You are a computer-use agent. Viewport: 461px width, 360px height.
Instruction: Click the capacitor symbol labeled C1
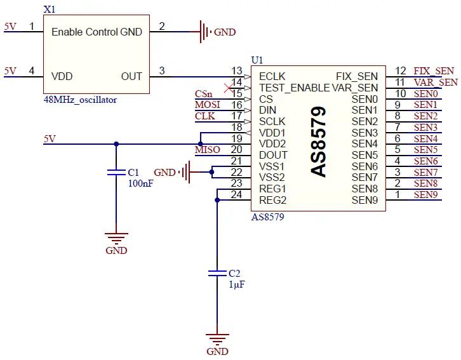click(x=116, y=172)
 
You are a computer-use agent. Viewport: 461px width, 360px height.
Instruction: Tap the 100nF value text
click(x=140, y=183)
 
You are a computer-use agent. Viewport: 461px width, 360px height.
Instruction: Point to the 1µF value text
click(x=236, y=284)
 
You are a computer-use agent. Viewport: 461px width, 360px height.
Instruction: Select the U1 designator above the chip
click(x=257, y=60)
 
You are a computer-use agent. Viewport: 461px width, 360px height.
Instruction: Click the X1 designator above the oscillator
click(x=49, y=10)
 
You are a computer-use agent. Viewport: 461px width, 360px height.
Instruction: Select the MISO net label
click(x=208, y=150)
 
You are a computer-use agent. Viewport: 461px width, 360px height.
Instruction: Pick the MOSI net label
click(x=208, y=105)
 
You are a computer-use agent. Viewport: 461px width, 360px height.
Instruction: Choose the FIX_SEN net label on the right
click(x=434, y=71)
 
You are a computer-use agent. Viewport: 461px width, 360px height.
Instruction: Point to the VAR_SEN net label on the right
click(x=436, y=83)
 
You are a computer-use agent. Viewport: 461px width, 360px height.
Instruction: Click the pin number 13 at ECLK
click(x=237, y=71)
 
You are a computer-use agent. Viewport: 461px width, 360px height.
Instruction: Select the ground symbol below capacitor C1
click(x=116, y=241)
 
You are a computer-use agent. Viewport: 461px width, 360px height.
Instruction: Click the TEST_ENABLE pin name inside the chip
click(x=294, y=88)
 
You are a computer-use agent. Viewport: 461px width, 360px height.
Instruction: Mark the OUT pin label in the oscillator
click(x=131, y=76)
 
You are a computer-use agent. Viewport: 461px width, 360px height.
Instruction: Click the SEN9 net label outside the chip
click(x=425, y=195)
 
